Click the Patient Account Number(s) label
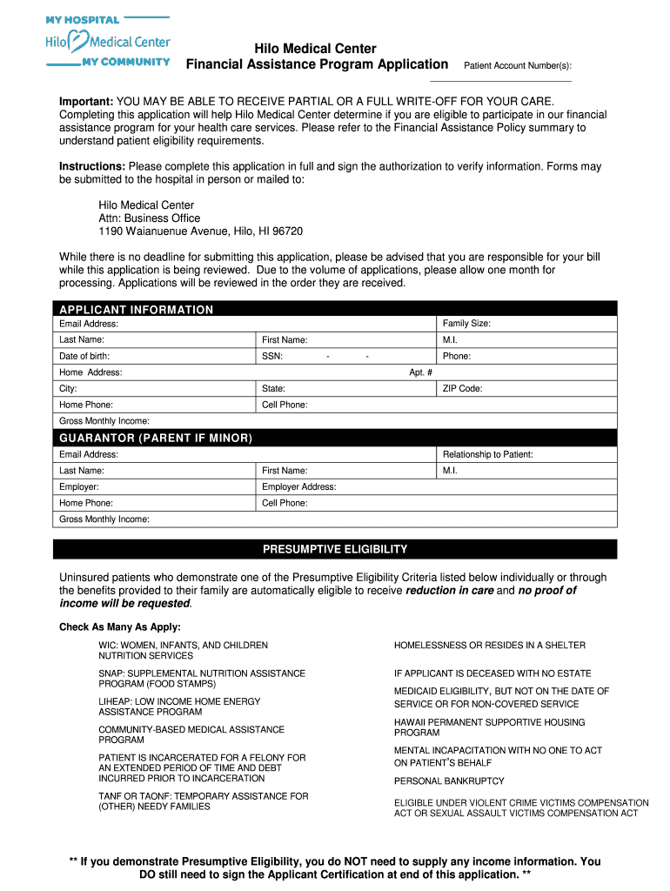pyautogui.click(x=518, y=66)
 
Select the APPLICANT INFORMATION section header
pyautogui.click(x=136, y=310)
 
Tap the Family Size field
pyautogui.click(x=526, y=324)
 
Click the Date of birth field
pyautogui.click(x=157, y=356)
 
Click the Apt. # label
pyautogui.click(x=421, y=372)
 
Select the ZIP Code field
pyautogui.click(x=526, y=389)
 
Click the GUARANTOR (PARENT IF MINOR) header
pyautogui.click(x=156, y=438)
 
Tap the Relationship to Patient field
pyautogui.click(x=526, y=454)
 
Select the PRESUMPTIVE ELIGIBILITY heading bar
pyautogui.click(x=335, y=550)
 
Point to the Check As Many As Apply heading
pyautogui.click(x=120, y=627)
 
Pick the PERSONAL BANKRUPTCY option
pyautogui.click(x=449, y=781)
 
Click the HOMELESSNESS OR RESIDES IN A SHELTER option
pyautogui.click(x=490, y=646)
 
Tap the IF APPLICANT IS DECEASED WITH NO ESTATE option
pyautogui.click(x=492, y=673)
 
